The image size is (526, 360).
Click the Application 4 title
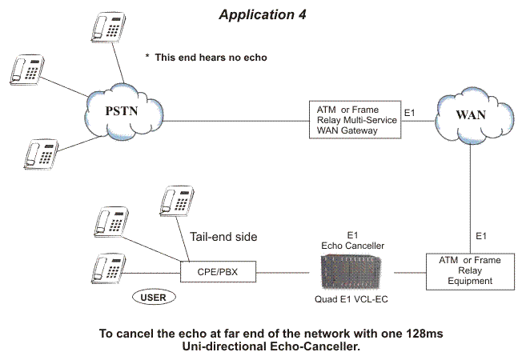pyautogui.click(x=263, y=14)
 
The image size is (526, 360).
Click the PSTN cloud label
pyautogui.click(x=122, y=111)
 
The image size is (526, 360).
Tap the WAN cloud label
pyautogui.click(x=471, y=115)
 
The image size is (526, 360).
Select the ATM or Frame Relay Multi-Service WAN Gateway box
pyautogui.click(x=355, y=120)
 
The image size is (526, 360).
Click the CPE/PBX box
pyautogui.click(x=218, y=271)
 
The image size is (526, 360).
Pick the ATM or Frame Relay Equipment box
pyautogui.click(x=470, y=271)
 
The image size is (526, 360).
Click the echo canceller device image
pyautogui.click(x=351, y=272)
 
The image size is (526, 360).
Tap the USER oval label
pyautogui.click(x=154, y=298)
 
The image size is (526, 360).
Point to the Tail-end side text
pyautogui.click(x=223, y=237)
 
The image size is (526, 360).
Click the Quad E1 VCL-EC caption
pyautogui.click(x=351, y=299)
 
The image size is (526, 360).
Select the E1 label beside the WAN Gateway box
pyautogui.click(x=410, y=113)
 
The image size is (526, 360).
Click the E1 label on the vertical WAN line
pyautogui.click(x=481, y=236)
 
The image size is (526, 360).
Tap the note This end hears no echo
pyautogui.click(x=207, y=58)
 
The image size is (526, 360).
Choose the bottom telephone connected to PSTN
pyautogui.click(x=41, y=154)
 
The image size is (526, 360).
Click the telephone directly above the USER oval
pyautogui.click(x=109, y=269)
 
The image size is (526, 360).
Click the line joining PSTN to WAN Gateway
pyautogui.click(x=236, y=121)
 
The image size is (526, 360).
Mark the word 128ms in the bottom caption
pyautogui.click(x=424, y=334)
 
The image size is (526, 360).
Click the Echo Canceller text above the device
pyautogui.click(x=352, y=246)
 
